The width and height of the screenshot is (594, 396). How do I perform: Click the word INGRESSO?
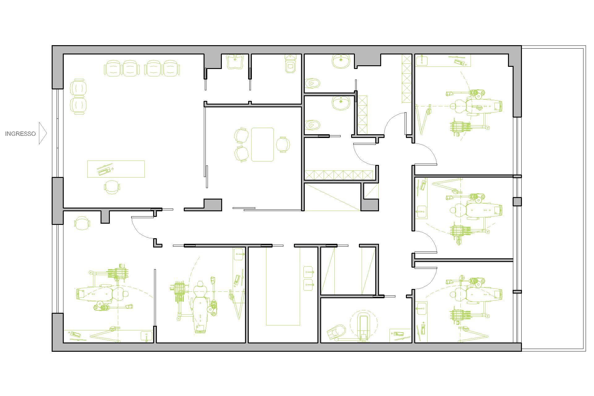pyautogui.click(x=20, y=134)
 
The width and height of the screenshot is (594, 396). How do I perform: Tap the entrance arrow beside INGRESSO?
pyautogui.click(x=43, y=133)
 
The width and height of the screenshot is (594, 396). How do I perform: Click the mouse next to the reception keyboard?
pyautogui.click(x=112, y=169)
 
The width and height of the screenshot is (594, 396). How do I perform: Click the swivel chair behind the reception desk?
pyautogui.click(x=112, y=187)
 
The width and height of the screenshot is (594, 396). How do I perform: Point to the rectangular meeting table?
pyautogui.click(x=262, y=144)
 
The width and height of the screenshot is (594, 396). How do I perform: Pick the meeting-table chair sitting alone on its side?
pyautogui.click(x=283, y=144)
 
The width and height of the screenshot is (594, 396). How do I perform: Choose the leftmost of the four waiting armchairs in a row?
pyautogui.click(x=113, y=68)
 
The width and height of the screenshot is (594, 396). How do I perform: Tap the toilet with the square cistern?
pyautogui.click(x=291, y=63)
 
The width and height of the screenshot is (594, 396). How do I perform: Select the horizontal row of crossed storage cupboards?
pyautogui.click(x=339, y=175)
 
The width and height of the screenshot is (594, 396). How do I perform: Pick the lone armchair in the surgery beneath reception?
pyautogui.click(x=82, y=223)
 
